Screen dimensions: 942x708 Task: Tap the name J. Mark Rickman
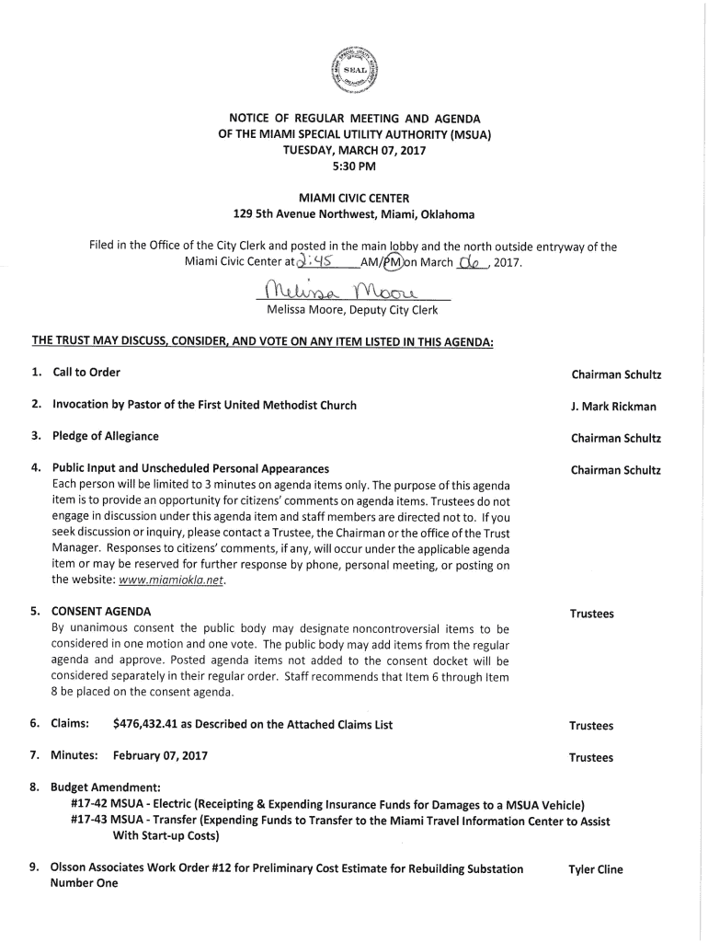(613, 407)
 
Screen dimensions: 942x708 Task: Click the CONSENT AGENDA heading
(101, 612)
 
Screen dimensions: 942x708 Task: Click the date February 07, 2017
(160, 756)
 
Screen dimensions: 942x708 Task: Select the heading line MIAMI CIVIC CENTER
(354, 198)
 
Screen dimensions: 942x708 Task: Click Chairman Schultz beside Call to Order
(615, 375)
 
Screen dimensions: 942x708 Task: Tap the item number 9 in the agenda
(34, 867)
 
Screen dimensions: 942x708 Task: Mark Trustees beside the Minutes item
(590, 758)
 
